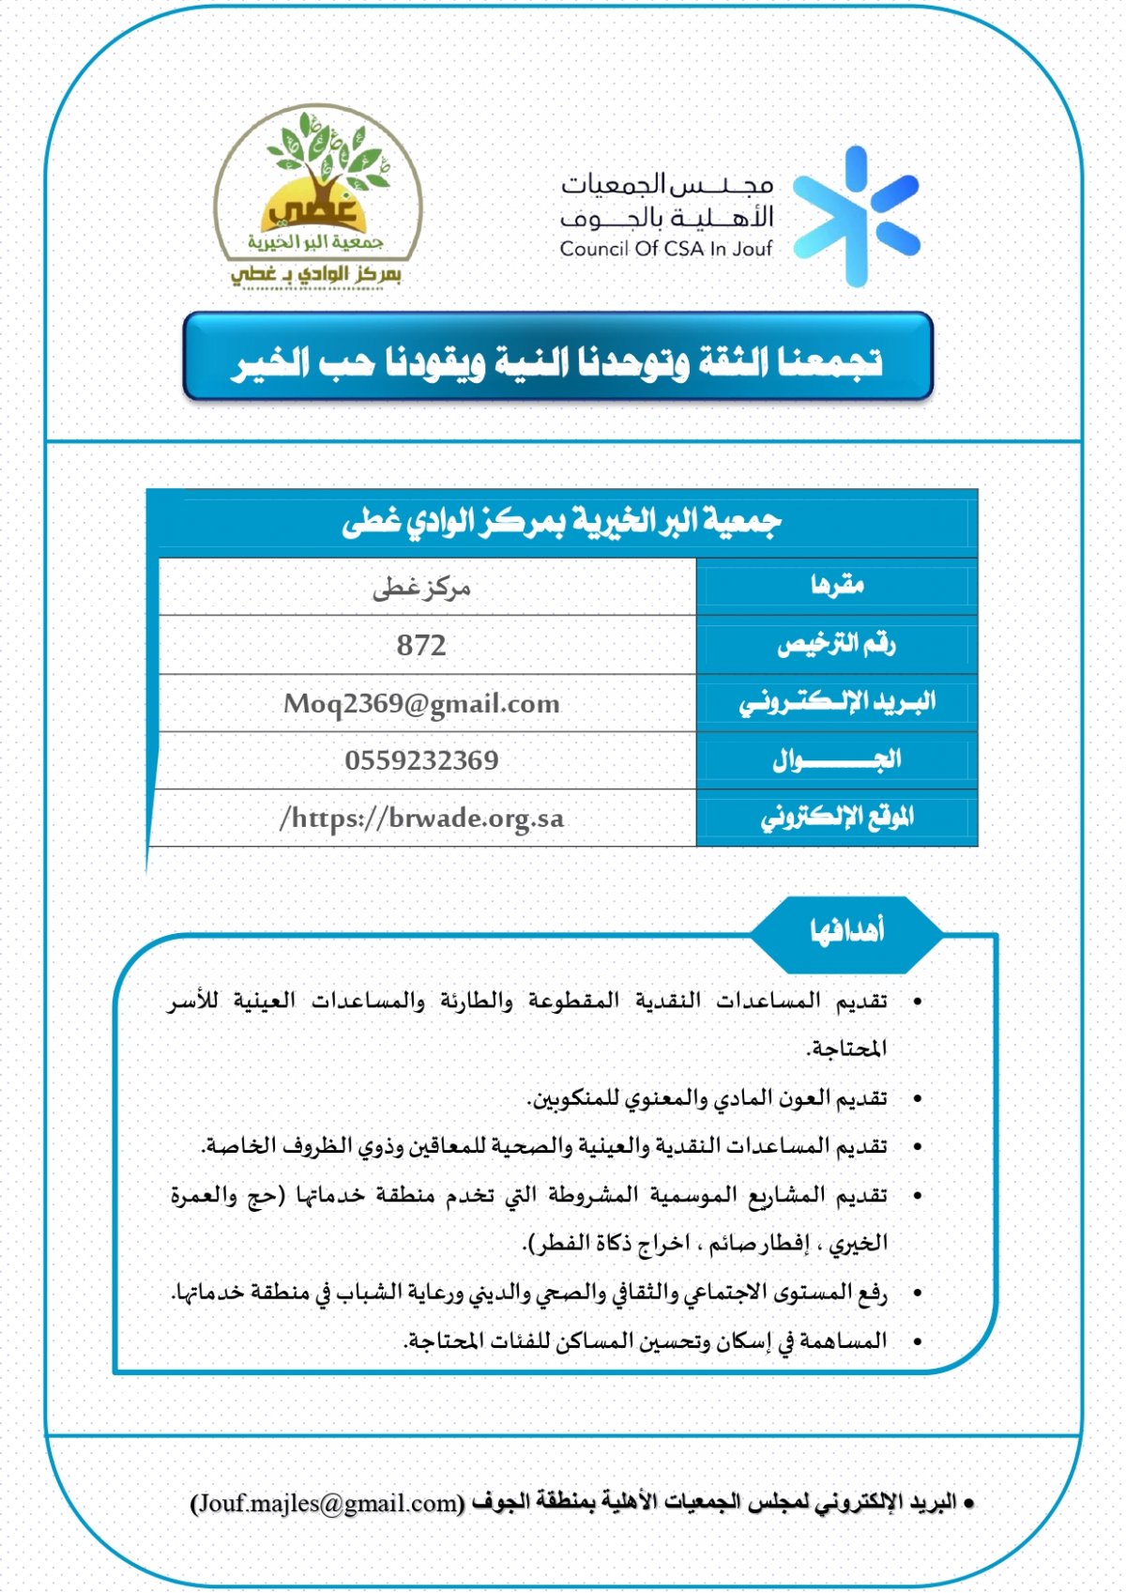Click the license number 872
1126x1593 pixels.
pos(421,646)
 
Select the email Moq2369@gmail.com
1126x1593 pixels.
pos(421,703)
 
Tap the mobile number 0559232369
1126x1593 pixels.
pos(421,760)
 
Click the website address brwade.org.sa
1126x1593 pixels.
pos(421,819)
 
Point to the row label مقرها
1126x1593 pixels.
pos(837,586)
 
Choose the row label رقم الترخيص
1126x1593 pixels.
pos(837,644)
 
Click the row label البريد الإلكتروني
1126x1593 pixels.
pos(837,702)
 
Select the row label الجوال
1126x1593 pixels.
pos(837,759)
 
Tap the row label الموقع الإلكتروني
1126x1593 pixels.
pos(837,818)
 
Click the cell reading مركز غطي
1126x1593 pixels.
pos(421,589)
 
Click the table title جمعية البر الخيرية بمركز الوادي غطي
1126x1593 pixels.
pos(561,522)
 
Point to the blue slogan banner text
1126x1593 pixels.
pos(557,361)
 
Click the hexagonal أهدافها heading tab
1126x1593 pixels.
pos(846,931)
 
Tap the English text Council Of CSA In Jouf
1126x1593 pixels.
pos(665,249)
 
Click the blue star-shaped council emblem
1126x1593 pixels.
pos(856,216)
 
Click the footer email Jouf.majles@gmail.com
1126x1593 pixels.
pos(327,1503)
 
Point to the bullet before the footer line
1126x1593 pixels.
pos(969,1504)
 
